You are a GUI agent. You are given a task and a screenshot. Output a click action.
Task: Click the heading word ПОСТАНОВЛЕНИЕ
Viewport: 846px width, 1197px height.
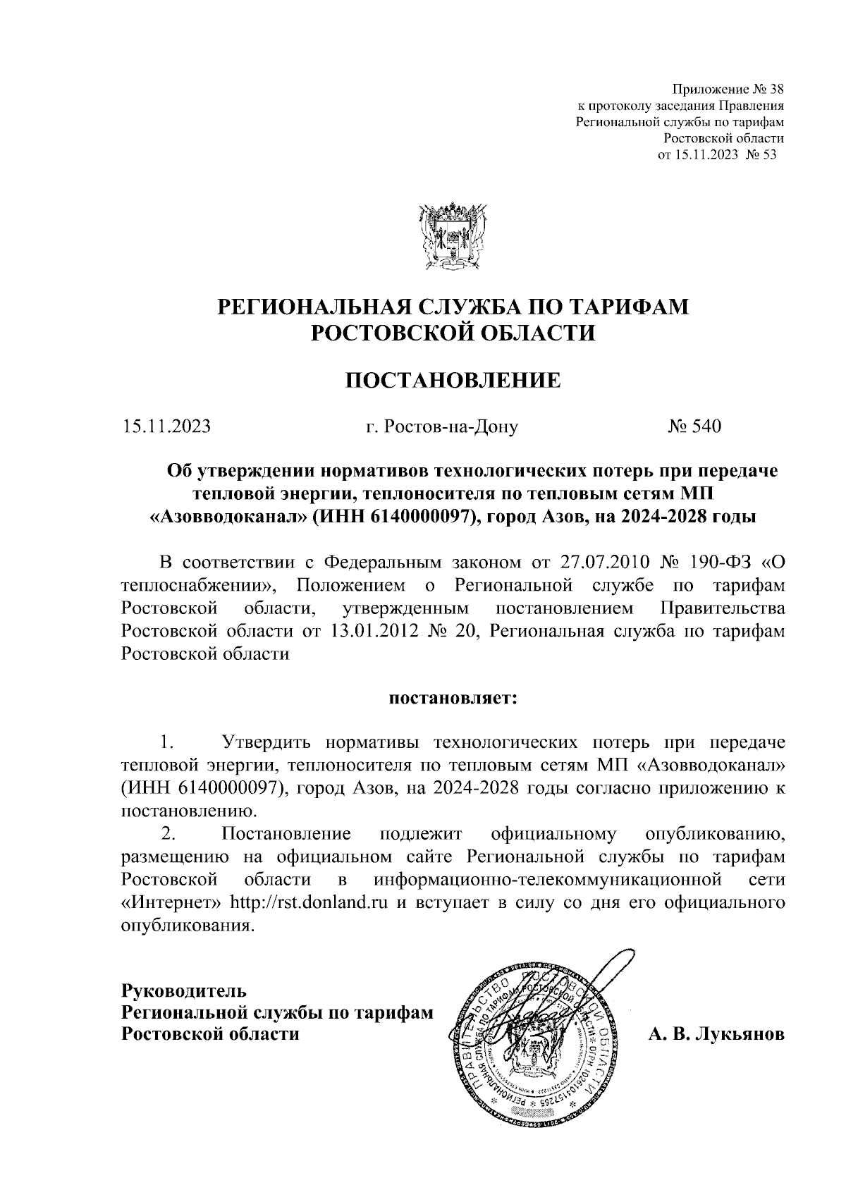pos(453,381)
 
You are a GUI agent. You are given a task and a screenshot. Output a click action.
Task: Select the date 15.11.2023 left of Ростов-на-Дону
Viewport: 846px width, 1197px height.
pos(167,426)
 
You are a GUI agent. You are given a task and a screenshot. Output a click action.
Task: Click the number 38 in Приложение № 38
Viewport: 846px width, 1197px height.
pos(775,90)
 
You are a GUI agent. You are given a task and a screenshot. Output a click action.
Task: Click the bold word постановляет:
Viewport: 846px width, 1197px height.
pos(453,699)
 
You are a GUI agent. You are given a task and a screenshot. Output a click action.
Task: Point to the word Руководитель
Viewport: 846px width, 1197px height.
pos(184,990)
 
